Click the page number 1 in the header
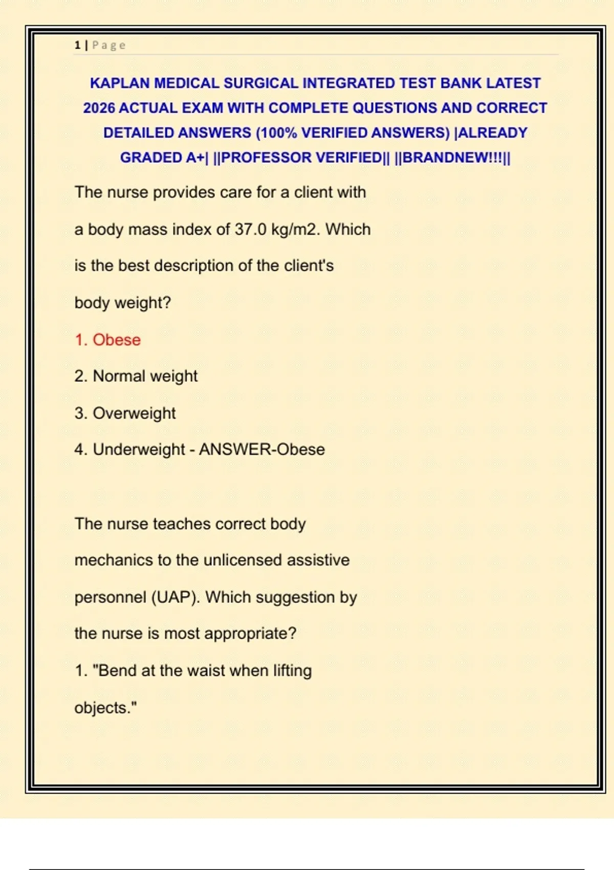click(77, 45)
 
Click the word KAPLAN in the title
click(120, 83)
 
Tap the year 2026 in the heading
click(99, 108)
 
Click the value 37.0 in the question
click(250, 229)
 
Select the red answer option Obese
click(116, 340)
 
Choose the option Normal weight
click(145, 376)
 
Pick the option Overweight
click(134, 413)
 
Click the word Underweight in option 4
click(139, 449)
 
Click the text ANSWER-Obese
click(262, 449)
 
